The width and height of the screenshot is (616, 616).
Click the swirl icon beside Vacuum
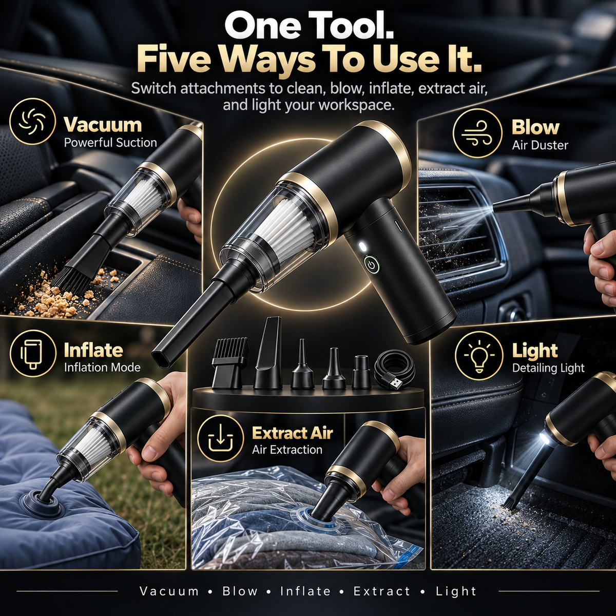pyautogui.click(x=31, y=122)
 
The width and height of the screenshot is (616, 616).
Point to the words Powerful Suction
pyautogui.click(x=110, y=143)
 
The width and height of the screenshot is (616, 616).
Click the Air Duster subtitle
pyautogui.click(x=540, y=145)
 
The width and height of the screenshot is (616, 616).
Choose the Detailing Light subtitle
pyautogui.click(x=548, y=368)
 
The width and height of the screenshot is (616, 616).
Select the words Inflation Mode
pyautogui.click(x=102, y=368)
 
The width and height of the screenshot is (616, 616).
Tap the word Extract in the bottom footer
pyautogui.click(x=382, y=591)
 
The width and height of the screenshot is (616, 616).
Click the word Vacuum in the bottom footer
pyautogui.click(x=169, y=591)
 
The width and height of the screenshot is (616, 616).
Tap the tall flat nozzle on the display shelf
pyautogui.click(x=268, y=353)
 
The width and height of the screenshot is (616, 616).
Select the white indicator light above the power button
pyautogui.click(x=362, y=247)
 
